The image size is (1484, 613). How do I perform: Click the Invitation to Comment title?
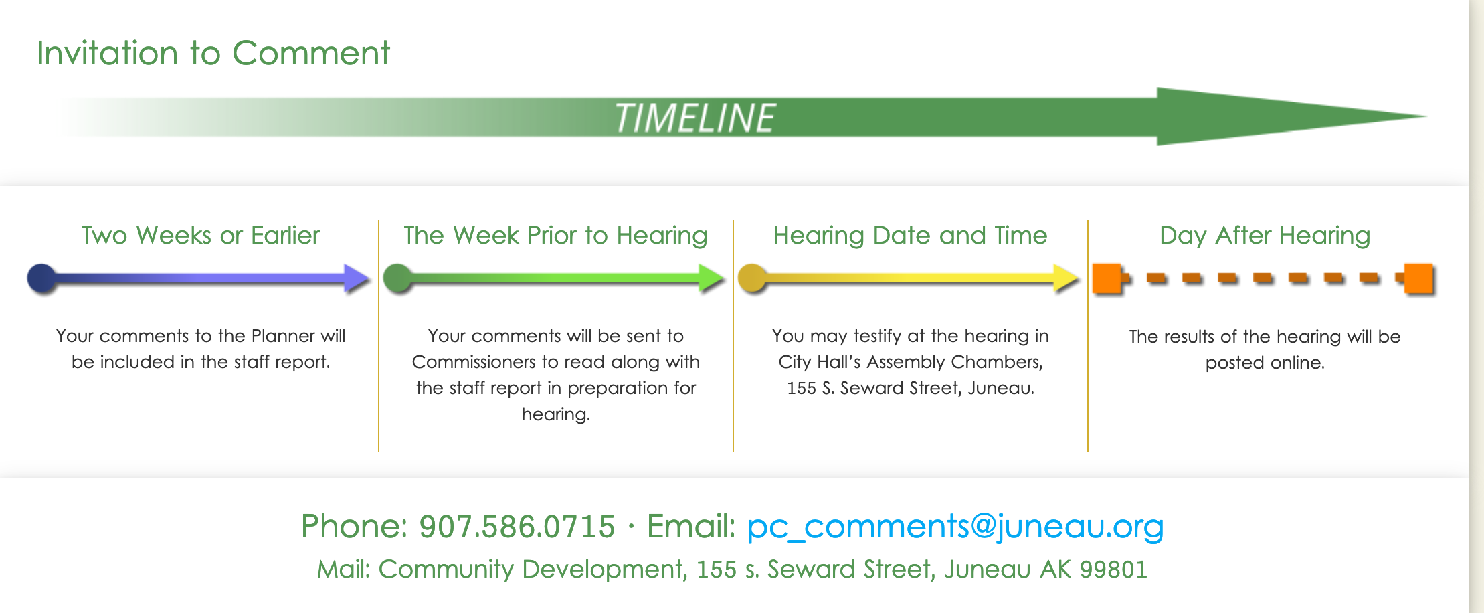(x=213, y=53)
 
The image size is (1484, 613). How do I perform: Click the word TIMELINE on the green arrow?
(x=694, y=118)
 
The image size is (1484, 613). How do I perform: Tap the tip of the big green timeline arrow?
(x=1428, y=116)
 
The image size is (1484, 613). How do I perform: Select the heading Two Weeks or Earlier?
(x=201, y=235)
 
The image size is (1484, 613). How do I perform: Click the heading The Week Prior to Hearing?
(x=555, y=236)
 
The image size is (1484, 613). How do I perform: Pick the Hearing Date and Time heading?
(x=910, y=235)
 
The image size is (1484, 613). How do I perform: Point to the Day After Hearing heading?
(x=1265, y=236)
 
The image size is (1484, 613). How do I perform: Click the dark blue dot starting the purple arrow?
(x=42, y=278)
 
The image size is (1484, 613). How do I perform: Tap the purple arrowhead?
(x=357, y=278)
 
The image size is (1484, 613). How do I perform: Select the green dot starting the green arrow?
(x=397, y=278)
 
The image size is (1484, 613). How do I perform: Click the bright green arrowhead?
(x=711, y=278)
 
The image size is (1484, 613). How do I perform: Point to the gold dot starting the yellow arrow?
(x=752, y=278)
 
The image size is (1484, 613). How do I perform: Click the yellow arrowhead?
(x=1066, y=278)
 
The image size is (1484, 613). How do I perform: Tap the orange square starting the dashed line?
(x=1107, y=278)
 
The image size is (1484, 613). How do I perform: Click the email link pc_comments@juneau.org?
(x=955, y=526)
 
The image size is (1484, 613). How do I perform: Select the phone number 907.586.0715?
(x=517, y=526)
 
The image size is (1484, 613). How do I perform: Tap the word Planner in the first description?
(x=283, y=335)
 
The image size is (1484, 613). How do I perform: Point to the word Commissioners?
(x=474, y=362)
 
